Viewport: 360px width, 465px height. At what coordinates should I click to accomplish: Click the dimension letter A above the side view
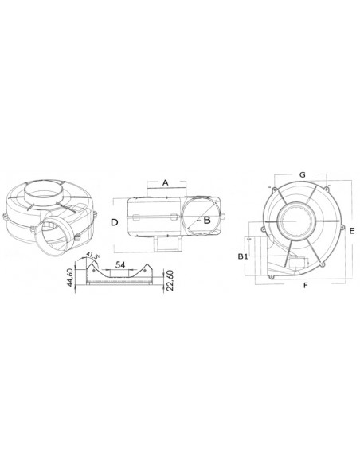(x=165, y=182)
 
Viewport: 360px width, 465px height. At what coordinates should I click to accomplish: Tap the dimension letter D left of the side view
(x=115, y=223)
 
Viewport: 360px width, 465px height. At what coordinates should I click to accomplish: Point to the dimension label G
(x=302, y=174)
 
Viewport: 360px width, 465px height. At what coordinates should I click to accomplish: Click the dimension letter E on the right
(x=350, y=230)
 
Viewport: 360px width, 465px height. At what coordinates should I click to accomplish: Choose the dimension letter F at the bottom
(x=305, y=284)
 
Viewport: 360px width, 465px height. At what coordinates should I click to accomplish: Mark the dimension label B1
(x=245, y=256)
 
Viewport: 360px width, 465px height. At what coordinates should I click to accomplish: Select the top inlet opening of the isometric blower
(x=45, y=192)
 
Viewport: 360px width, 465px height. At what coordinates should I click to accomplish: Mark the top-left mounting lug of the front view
(x=272, y=189)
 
